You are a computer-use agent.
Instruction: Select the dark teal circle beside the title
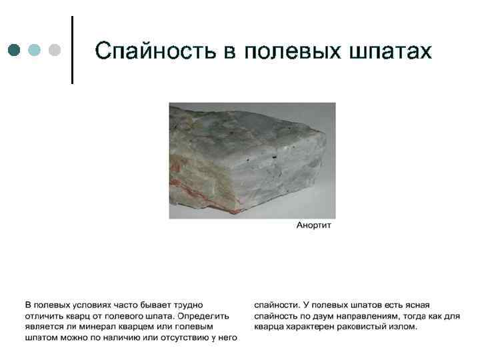coord(15,50)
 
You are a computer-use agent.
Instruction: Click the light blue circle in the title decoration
coord(34,50)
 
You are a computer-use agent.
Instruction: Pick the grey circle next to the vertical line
coord(54,50)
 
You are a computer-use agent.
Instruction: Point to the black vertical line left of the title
coord(72,51)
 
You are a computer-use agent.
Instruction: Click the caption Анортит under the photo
coord(313,225)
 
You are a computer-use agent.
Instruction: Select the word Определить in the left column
coord(204,316)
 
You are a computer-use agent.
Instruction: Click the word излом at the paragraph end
coord(403,327)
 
